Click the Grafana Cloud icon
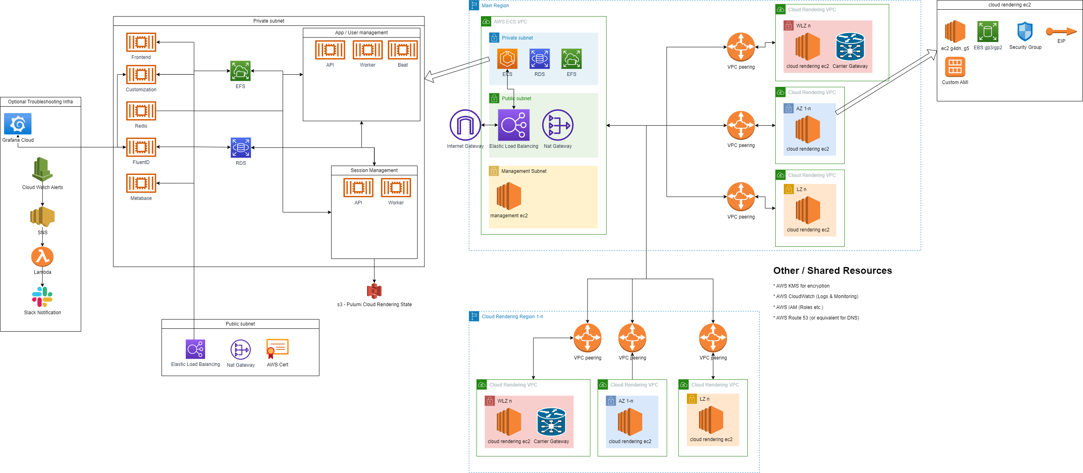point(18,124)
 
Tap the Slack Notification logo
point(42,297)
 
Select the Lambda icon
point(42,256)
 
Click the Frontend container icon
point(141,42)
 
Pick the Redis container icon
point(141,111)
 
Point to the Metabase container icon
point(141,183)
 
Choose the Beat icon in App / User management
point(402,50)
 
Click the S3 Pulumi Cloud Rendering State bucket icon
point(374,290)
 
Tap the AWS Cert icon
point(277,349)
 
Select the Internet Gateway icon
point(465,125)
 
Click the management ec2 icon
point(509,196)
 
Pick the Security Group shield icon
point(1024,32)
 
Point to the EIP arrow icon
point(1061,32)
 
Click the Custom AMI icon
point(955,66)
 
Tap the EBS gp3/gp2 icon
point(988,32)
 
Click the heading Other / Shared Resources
point(832,270)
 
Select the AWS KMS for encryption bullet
point(803,286)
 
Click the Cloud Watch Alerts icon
point(42,169)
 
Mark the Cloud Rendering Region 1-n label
point(512,317)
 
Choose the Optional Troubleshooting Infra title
point(40,102)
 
